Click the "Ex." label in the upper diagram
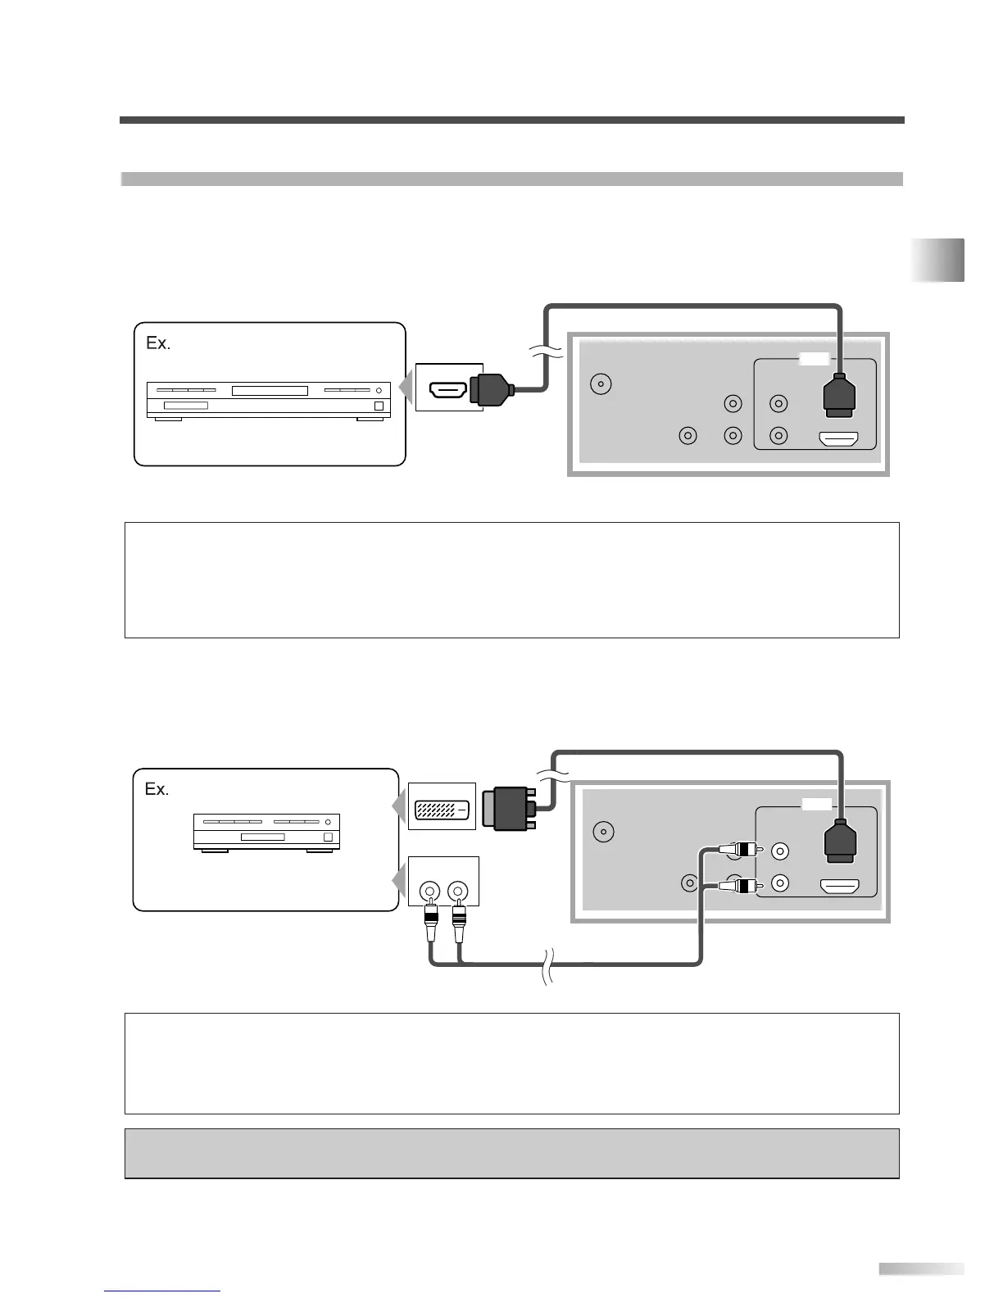(x=158, y=343)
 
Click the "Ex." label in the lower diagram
(x=157, y=789)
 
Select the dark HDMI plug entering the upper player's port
(x=490, y=388)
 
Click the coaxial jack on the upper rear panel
(x=601, y=383)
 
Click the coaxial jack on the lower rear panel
(x=604, y=832)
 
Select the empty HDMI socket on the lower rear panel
(x=838, y=887)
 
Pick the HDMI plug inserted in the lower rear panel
(x=838, y=842)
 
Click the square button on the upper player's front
(x=379, y=406)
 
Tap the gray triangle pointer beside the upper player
(x=405, y=387)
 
